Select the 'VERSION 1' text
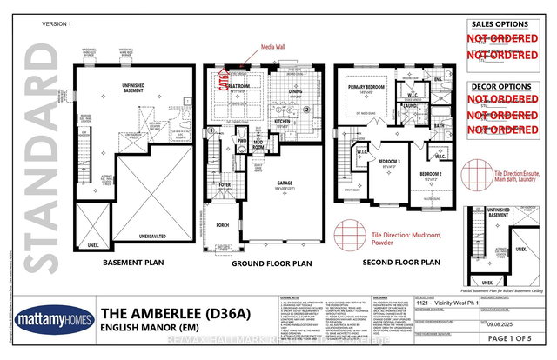(x=57, y=24)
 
